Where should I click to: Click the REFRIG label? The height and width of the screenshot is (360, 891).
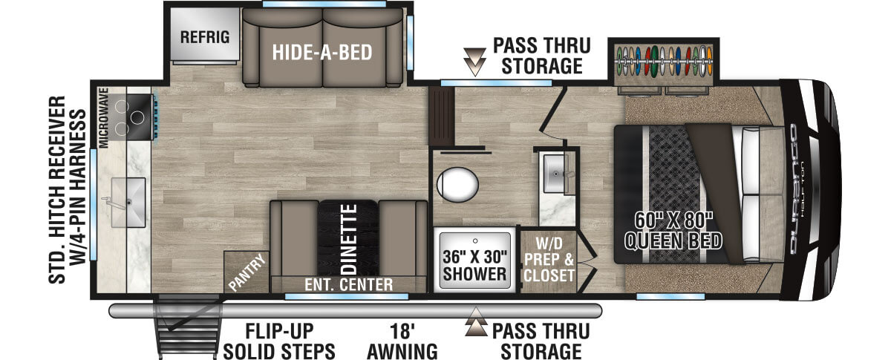[205, 37]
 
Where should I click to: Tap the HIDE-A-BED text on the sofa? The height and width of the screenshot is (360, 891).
[322, 52]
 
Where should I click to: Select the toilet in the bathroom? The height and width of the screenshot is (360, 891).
[457, 185]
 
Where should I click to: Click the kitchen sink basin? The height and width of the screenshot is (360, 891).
[128, 203]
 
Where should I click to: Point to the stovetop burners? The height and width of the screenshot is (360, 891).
[131, 117]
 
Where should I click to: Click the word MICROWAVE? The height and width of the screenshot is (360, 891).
[104, 118]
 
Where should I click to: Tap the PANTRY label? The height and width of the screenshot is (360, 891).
[247, 272]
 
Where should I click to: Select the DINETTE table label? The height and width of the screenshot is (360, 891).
[349, 239]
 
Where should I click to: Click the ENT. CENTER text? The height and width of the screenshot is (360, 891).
[348, 285]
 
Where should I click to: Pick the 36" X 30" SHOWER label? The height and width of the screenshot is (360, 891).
[475, 265]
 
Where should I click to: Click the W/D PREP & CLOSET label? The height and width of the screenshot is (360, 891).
[549, 259]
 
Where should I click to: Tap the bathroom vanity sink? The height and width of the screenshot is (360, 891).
[556, 174]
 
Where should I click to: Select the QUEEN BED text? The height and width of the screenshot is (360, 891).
[673, 241]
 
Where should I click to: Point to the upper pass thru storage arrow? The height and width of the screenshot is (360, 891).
[475, 62]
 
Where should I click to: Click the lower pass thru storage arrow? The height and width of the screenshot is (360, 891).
[476, 322]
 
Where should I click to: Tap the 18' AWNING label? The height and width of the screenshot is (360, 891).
[402, 341]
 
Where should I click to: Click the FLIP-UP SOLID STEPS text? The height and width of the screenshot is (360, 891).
[279, 341]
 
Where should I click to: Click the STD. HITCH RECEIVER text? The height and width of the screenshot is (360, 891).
[57, 189]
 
